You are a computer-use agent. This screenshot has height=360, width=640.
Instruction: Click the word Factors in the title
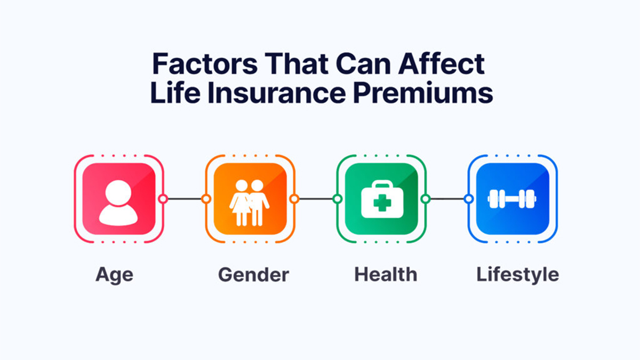click(205, 63)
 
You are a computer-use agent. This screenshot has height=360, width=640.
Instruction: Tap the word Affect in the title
click(442, 63)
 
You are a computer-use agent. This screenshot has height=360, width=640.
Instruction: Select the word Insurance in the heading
click(277, 93)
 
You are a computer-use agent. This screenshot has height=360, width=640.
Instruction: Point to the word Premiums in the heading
click(423, 93)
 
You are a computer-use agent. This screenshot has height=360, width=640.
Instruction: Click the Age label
click(114, 275)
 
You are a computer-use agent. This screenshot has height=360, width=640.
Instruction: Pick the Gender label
click(253, 275)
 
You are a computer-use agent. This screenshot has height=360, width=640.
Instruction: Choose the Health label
click(386, 274)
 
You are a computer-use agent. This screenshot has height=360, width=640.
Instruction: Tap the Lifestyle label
click(518, 275)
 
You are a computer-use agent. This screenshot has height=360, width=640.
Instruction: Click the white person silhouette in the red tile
click(118, 203)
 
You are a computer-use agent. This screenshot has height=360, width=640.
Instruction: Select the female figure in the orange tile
click(241, 203)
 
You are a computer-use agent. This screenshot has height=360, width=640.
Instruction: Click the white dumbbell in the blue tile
click(511, 199)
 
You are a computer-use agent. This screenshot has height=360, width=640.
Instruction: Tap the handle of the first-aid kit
click(382, 185)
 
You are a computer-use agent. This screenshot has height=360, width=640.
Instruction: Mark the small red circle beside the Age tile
click(163, 199)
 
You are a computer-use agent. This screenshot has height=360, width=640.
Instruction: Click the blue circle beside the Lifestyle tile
click(469, 199)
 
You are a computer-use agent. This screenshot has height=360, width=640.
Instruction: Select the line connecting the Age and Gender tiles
click(185, 199)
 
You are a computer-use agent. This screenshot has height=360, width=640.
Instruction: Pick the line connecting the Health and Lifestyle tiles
click(447, 199)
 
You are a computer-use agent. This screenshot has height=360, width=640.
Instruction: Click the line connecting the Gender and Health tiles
click(316, 199)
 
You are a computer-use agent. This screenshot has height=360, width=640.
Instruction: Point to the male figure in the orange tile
click(259, 203)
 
